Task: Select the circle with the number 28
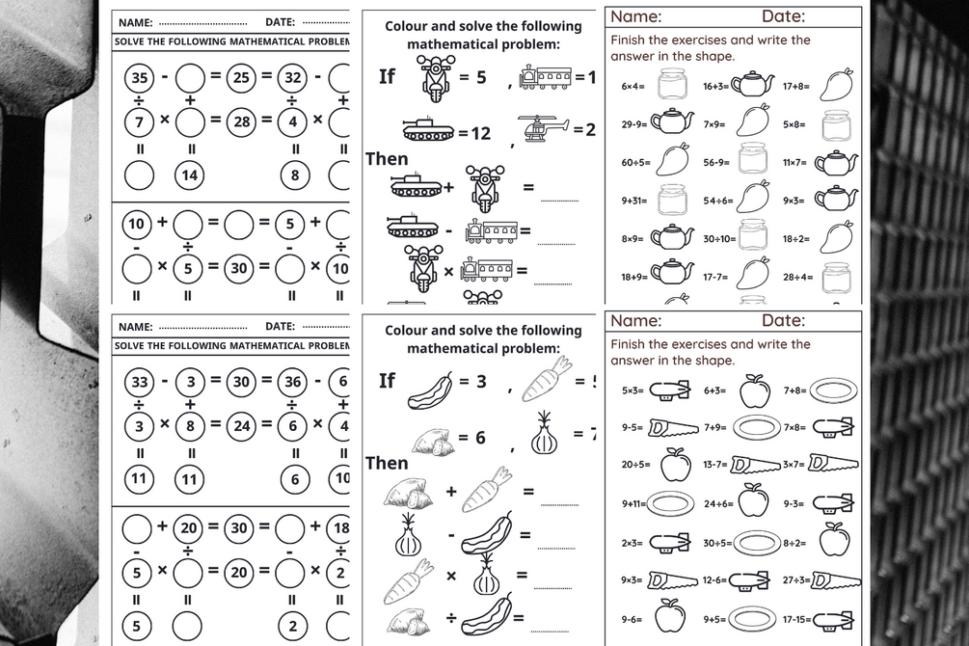pyautogui.click(x=242, y=121)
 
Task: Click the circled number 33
pyautogui.click(x=139, y=382)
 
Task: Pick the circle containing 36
pyautogui.click(x=295, y=382)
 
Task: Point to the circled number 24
pyautogui.click(x=242, y=424)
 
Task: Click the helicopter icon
pyautogui.click(x=544, y=127)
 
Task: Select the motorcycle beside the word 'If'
pyautogui.click(x=433, y=78)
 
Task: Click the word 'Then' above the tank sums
pyautogui.click(x=387, y=159)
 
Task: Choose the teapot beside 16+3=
pyautogui.click(x=753, y=86)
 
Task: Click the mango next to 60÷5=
pyautogui.click(x=671, y=158)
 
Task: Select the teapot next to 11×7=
pyautogui.click(x=836, y=162)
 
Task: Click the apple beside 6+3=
pyautogui.click(x=754, y=390)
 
